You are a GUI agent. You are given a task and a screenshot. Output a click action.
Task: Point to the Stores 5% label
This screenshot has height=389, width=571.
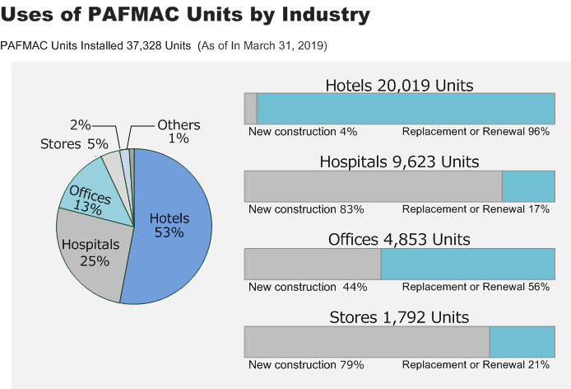(74, 144)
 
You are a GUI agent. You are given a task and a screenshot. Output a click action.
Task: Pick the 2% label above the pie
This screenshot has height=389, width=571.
(81, 124)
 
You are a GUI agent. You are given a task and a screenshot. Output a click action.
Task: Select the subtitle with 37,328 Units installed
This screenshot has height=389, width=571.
(165, 45)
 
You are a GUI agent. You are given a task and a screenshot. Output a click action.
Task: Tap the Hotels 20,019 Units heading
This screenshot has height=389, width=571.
(399, 86)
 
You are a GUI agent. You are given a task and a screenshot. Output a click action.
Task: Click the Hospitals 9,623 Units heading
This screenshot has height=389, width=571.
(399, 162)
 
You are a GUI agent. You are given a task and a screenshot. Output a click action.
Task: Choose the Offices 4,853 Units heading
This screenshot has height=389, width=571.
(399, 240)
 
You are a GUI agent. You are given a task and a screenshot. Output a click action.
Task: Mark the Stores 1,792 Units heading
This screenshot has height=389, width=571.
(399, 317)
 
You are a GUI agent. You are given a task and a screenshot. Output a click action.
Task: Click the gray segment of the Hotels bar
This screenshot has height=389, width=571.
(250, 109)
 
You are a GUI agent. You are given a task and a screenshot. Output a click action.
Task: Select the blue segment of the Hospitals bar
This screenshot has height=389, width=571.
(528, 186)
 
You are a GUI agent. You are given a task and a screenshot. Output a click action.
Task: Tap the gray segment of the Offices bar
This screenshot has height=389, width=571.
(313, 264)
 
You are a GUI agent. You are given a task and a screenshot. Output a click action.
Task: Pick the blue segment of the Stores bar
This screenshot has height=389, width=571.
(522, 341)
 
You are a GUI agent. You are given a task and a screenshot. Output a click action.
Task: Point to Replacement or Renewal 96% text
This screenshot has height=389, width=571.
(476, 132)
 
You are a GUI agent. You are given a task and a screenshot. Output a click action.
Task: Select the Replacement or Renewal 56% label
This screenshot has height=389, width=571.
(476, 287)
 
